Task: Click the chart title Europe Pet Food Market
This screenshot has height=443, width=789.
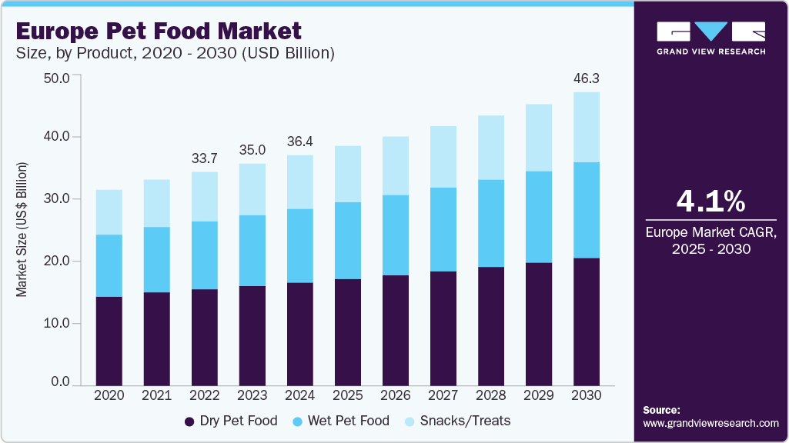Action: [158, 32]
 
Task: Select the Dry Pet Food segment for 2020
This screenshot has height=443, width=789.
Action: [109, 340]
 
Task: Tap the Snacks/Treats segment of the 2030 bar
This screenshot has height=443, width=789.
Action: [587, 127]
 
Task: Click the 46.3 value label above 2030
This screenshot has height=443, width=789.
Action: [587, 78]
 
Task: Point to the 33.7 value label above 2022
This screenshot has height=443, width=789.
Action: [204, 158]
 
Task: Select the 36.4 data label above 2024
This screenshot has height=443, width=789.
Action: [299, 142]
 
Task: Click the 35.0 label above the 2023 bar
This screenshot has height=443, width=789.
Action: [252, 149]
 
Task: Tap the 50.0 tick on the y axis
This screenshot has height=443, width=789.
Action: [59, 78]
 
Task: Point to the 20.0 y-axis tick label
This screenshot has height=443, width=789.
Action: [59, 261]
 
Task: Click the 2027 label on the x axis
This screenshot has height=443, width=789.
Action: [443, 395]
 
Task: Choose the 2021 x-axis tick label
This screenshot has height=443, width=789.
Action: [156, 395]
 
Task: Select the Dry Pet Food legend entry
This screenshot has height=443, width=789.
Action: [232, 421]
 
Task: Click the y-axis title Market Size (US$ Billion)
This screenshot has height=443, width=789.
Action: [22, 230]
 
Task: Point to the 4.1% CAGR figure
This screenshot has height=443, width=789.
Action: [710, 202]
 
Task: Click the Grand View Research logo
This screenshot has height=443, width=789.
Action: [710, 38]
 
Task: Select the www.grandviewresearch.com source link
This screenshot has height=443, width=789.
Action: [710, 423]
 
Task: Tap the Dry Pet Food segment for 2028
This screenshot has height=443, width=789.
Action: [491, 326]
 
